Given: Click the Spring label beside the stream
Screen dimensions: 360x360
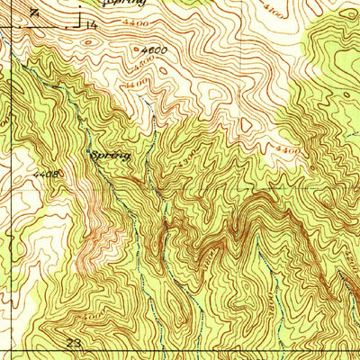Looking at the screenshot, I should pos(112,156).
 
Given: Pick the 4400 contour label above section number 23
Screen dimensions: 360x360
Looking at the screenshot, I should pos(89,317).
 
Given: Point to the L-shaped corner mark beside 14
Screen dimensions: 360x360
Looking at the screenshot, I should pos(78,20).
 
